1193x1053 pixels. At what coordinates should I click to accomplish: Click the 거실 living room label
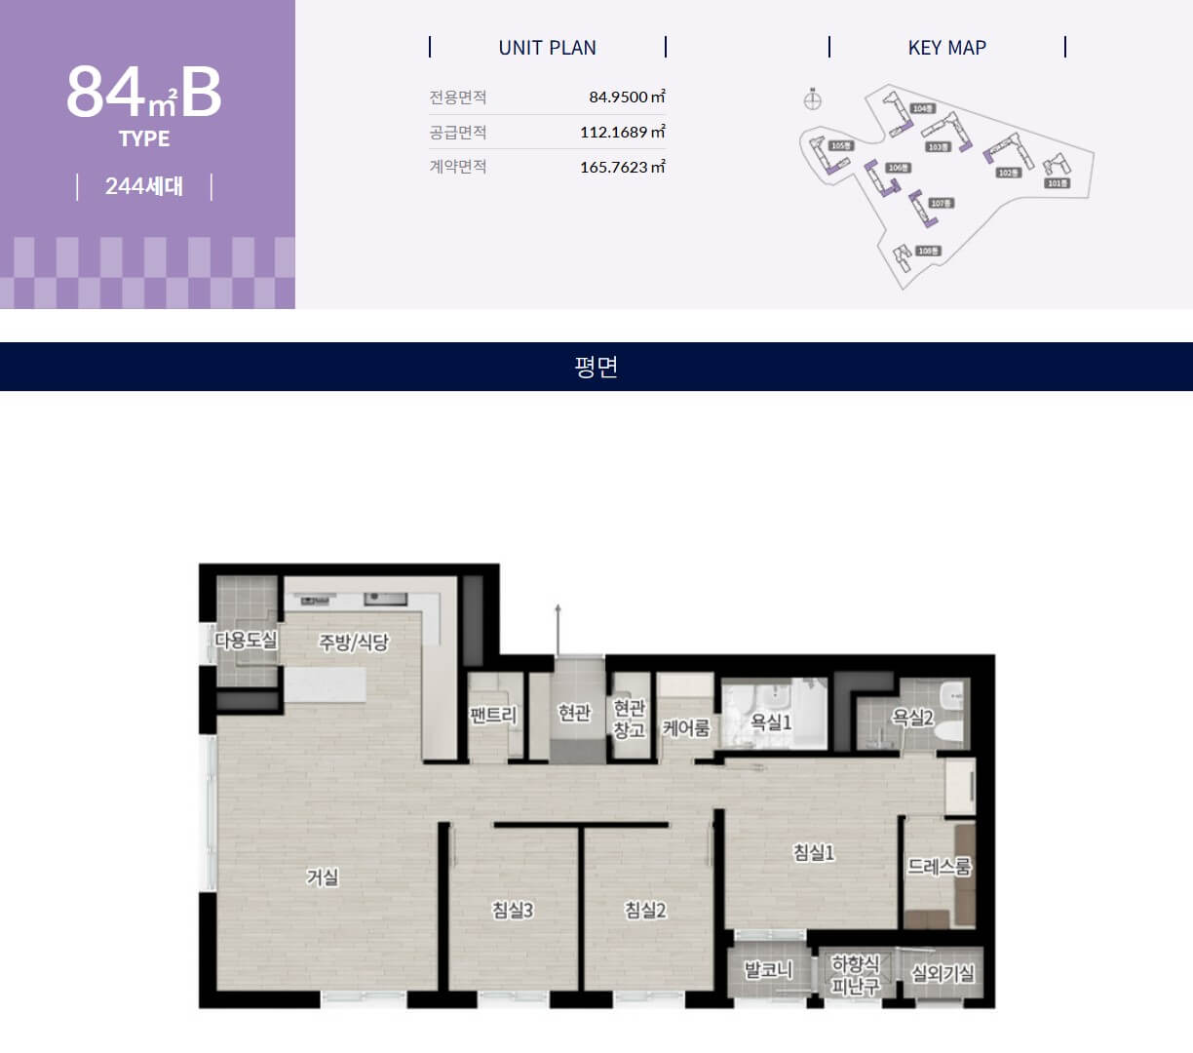click(x=323, y=877)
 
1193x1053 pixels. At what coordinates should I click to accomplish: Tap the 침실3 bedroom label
click(x=513, y=910)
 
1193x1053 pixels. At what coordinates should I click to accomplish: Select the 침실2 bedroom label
click(x=645, y=910)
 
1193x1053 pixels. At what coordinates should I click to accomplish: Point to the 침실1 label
click(x=814, y=852)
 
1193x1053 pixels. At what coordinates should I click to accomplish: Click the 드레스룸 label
click(x=939, y=866)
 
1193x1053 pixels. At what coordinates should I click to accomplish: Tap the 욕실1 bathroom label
click(x=771, y=721)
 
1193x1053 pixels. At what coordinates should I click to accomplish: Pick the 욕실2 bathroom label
click(x=912, y=718)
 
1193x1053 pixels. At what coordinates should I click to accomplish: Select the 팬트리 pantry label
click(x=493, y=715)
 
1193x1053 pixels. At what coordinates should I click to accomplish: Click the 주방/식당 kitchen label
click(x=354, y=642)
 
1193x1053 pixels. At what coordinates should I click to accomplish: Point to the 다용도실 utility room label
click(x=247, y=640)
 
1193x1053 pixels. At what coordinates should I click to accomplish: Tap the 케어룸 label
click(x=686, y=727)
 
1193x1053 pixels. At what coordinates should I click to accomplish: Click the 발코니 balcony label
click(x=768, y=970)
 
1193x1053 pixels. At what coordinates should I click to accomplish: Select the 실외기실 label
click(x=943, y=973)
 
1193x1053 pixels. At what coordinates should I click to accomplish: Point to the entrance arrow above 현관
click(x=558, y=624)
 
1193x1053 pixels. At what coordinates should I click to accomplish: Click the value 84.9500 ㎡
click(x=627, y=97)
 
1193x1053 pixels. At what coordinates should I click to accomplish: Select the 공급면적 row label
click(x=458, y=132)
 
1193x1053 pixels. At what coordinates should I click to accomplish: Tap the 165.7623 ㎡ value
click(x=622, y=167)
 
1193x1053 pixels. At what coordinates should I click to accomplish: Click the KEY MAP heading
click(x=946, y=48)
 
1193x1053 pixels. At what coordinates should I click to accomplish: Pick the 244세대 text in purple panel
click(x=144, y=186)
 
